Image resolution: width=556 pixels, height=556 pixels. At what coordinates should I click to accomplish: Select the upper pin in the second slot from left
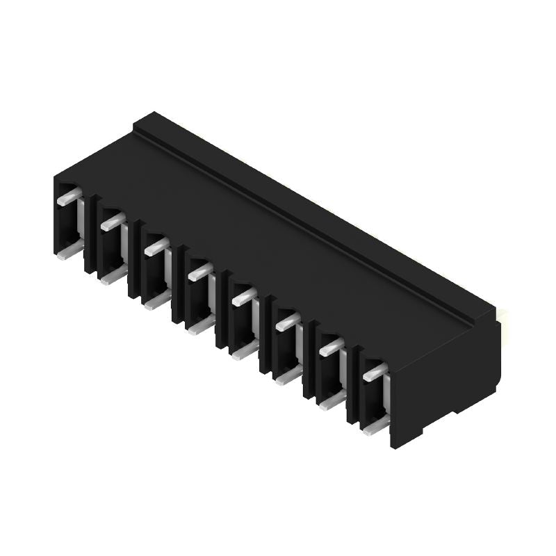click(x=113, y=222)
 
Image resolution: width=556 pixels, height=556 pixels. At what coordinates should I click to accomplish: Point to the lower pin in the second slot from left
click(x=113, y=276)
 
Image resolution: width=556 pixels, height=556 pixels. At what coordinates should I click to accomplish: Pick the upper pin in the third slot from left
click(x=156, y=246)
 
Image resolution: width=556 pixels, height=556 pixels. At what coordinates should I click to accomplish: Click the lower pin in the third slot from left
click(x=157, y=300)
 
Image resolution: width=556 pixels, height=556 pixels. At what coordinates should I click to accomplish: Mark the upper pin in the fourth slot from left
click(x=200, y=271)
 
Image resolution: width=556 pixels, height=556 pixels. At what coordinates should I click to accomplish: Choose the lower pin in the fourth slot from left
click(x=201, y=325)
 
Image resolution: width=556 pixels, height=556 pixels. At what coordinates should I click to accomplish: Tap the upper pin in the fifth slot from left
click(x=244, y=297)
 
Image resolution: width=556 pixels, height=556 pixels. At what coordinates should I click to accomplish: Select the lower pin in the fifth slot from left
click(x=245, y=350)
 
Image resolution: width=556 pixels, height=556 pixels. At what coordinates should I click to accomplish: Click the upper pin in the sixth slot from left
click(x=287, y=321)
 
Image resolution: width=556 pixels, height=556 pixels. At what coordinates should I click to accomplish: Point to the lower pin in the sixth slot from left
click(x=288, y=375)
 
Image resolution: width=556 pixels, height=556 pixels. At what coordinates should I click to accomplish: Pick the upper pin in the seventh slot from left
click(x=332, y=346)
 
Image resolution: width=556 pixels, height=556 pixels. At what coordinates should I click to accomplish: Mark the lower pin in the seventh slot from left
click(x=332, y=400)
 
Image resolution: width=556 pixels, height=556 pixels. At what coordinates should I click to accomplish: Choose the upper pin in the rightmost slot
click(x=375, y=371)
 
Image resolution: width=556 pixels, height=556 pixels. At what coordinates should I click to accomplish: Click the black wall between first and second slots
click(x=91, y=236)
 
